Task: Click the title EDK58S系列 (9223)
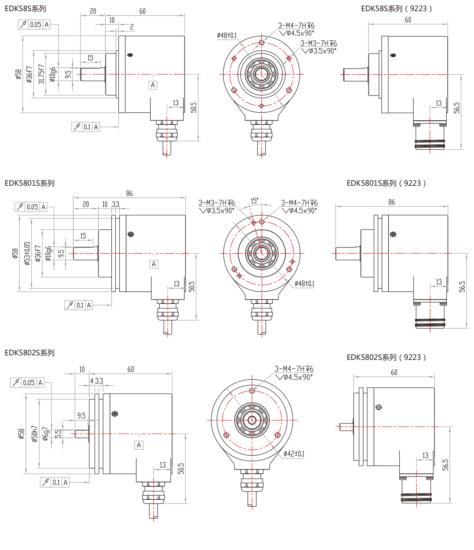coord(396,9)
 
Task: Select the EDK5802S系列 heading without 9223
coord(29,352)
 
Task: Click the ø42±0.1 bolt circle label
coord(294,454)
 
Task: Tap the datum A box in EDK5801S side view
coord(154,264)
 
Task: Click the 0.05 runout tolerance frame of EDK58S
coord(34,25)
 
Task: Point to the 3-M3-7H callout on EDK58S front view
coord(318,43)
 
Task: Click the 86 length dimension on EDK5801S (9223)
coord(391,202)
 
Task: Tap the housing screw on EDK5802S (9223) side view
coord(378,407)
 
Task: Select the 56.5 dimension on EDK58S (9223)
coord(456,108)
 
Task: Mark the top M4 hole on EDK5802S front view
coord(252,390)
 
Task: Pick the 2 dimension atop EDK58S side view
coord(132,27)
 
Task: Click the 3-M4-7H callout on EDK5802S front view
coord(294,369)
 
